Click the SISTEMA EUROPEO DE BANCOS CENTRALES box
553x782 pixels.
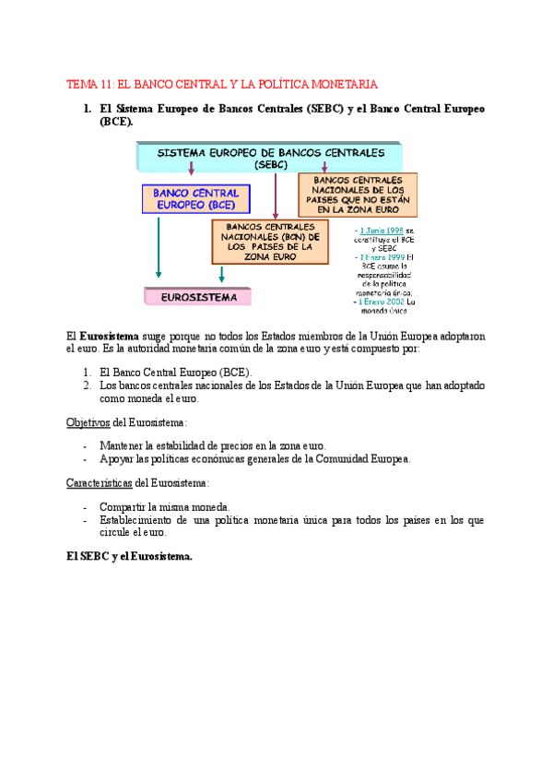(269, 156)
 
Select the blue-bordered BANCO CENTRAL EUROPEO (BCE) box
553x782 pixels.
(195, 199)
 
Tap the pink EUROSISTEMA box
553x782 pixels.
(198, 298)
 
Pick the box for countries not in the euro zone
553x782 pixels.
(358, 194)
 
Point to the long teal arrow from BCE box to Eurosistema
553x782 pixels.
(159, 244)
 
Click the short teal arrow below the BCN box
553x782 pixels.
(221, 275)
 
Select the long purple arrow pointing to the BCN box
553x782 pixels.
(275, 194)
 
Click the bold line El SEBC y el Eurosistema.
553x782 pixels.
(129, 555)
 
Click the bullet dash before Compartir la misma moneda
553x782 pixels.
(85, 507)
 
